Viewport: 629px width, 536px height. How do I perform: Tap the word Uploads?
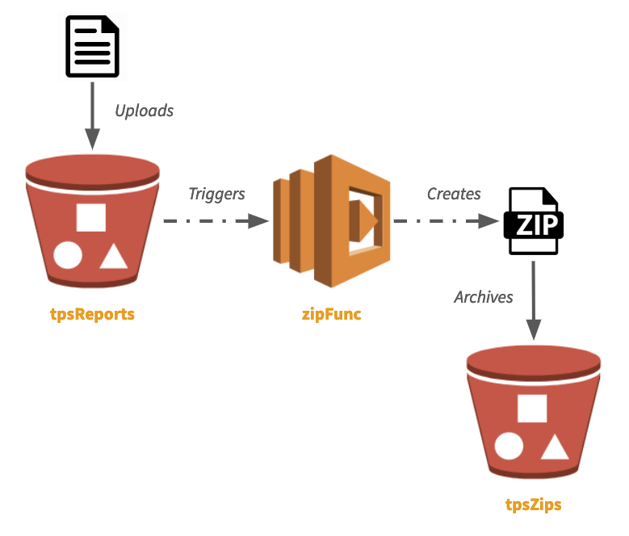(144, 111)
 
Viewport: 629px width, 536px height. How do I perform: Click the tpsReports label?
(92, 314)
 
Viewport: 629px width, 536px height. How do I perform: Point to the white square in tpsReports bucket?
(90, 218)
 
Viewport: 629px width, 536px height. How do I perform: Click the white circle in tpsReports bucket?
(68, 256)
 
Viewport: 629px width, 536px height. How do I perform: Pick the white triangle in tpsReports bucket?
(113, 257)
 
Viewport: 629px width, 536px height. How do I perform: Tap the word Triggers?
(216, 194)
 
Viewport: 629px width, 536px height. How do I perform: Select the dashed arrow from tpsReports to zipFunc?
(215, 220)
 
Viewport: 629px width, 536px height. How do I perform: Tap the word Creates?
(453, 194)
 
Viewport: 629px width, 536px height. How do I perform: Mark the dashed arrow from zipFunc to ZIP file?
(444, 220)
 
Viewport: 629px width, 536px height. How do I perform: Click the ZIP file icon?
(532, 220)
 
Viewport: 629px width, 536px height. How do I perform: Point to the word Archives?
(483, 297)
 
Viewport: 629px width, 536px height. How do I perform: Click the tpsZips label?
(533, 505)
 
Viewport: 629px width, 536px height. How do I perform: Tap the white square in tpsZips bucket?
(532, 408)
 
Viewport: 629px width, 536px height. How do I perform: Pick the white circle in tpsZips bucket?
(509, 446)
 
